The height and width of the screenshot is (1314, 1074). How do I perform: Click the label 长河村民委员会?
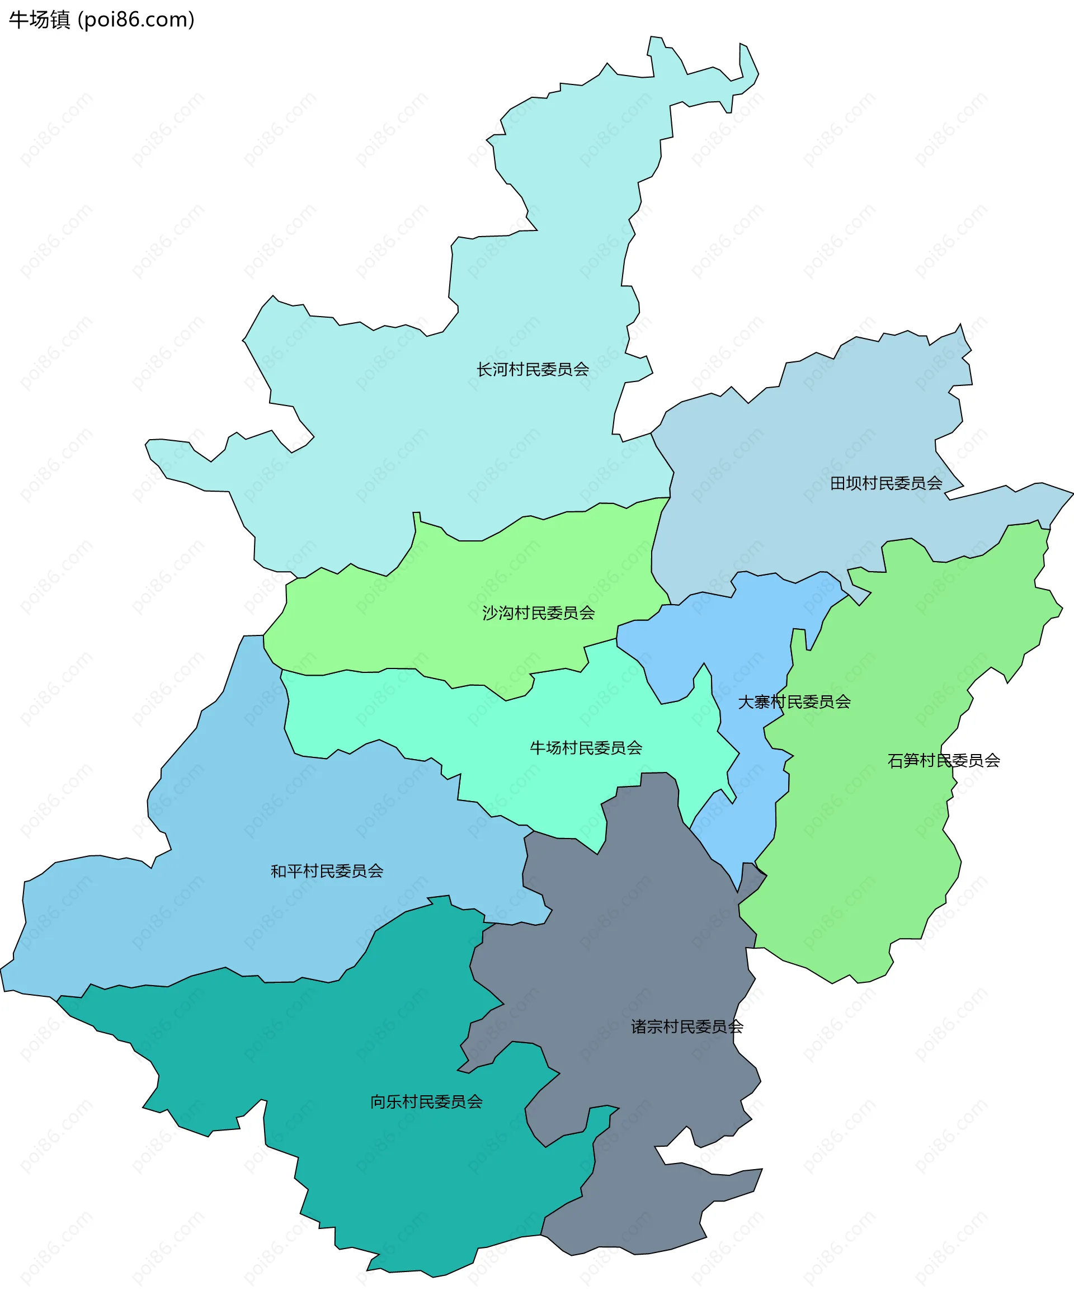532,369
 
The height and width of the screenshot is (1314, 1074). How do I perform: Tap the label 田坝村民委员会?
886,483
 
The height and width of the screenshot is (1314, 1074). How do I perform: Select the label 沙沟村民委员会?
538,613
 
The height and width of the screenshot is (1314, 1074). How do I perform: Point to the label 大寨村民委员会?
794,701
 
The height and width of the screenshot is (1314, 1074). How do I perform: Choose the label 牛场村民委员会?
586,748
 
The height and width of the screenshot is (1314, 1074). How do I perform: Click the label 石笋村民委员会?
944,760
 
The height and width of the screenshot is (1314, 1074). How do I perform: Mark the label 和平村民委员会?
327,871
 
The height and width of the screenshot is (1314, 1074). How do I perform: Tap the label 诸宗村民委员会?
687,1027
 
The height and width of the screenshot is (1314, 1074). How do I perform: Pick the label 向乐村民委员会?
426,1102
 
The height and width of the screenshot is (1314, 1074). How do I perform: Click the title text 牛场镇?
40,20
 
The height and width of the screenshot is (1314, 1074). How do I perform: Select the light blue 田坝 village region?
804,470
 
